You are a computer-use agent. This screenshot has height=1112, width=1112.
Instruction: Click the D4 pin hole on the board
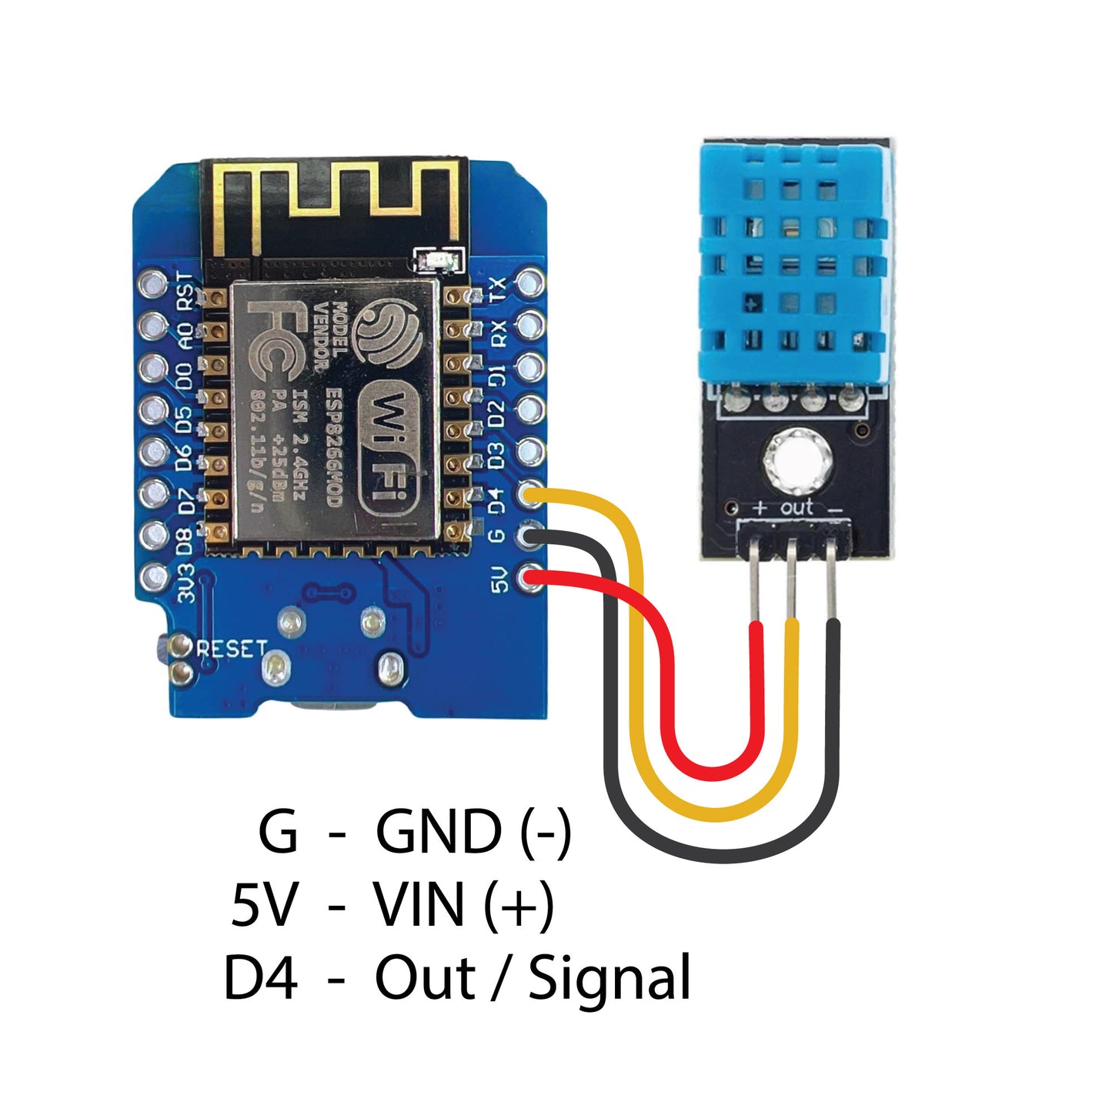(531, 493)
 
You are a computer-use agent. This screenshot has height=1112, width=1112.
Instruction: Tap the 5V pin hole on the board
(531, 577)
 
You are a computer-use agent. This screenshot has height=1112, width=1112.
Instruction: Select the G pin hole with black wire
(531, 535)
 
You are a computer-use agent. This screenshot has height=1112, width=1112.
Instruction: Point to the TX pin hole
(531, 283)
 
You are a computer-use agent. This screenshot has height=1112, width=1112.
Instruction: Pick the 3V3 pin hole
(152, 576)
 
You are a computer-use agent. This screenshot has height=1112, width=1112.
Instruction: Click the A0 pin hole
(152, 326)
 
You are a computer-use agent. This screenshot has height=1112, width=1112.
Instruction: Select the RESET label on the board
(232, 649)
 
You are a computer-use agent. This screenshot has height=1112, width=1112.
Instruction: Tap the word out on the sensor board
(796, 506)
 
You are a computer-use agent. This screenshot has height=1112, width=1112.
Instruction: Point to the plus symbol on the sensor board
(760, 508)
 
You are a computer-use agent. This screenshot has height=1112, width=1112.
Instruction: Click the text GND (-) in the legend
(473, 832)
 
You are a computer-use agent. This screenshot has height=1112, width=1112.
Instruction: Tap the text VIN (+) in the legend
(463, 904)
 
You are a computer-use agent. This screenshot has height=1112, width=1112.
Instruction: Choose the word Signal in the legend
(609, 977)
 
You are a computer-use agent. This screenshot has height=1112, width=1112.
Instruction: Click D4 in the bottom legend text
(260, 977)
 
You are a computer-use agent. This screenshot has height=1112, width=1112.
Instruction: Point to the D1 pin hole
(531, 367)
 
